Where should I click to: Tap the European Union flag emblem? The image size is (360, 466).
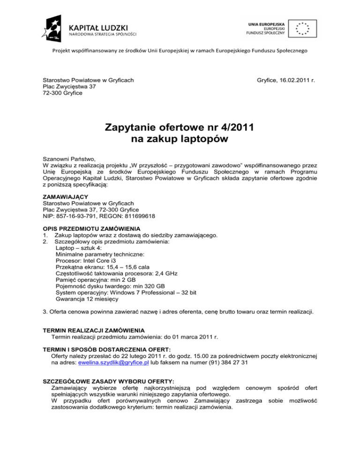coord(302,28)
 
